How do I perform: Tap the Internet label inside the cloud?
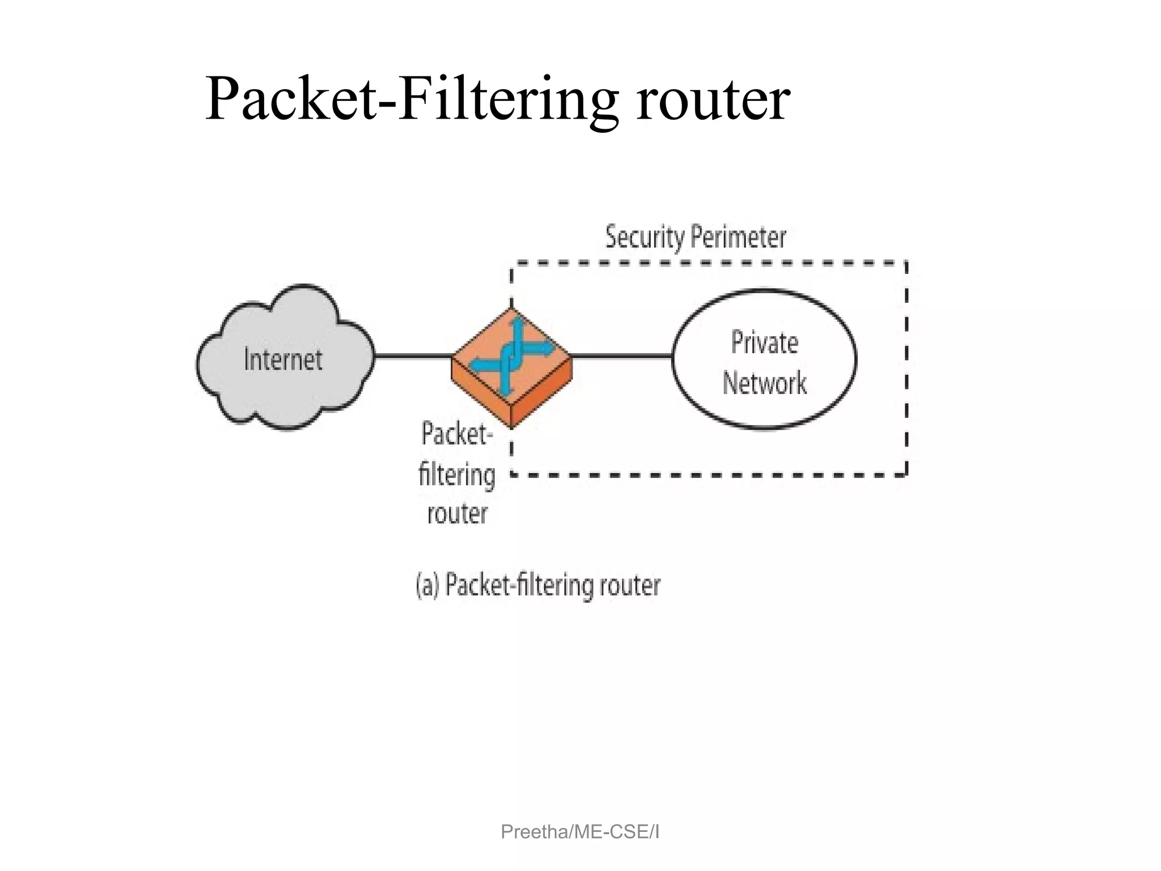(283, 360)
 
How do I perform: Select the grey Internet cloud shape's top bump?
(303, 301)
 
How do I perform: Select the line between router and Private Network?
(621, 356)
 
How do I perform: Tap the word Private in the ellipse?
(764, 343)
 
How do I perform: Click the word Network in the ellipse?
(764, 383)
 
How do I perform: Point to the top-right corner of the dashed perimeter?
(906, 263)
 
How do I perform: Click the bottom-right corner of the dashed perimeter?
(906, 475)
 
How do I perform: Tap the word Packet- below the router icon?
(457, 435)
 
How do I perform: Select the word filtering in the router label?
(457, 475)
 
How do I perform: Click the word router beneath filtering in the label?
(457, 514)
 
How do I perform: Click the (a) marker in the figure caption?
(428, 585)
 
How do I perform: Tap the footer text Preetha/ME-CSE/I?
(580, 832)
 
